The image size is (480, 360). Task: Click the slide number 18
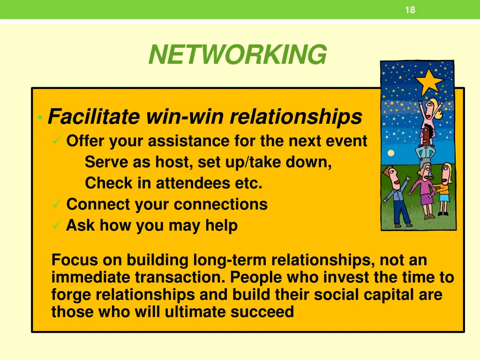coord(410,10)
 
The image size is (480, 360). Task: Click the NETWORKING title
coord(237,55)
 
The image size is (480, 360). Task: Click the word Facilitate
coord(94,117)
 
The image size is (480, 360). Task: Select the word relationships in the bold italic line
coord(296,117)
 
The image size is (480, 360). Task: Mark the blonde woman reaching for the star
coord(434,110)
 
